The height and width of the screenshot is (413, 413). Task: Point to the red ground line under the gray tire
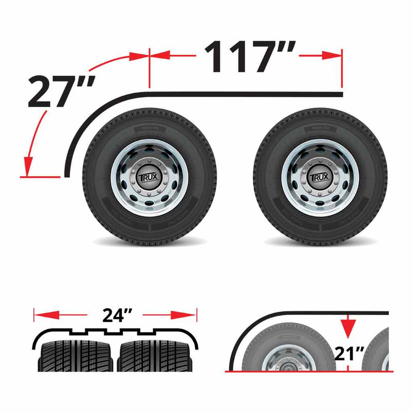(310, 371)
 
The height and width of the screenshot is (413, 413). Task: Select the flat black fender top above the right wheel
(289, 94)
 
